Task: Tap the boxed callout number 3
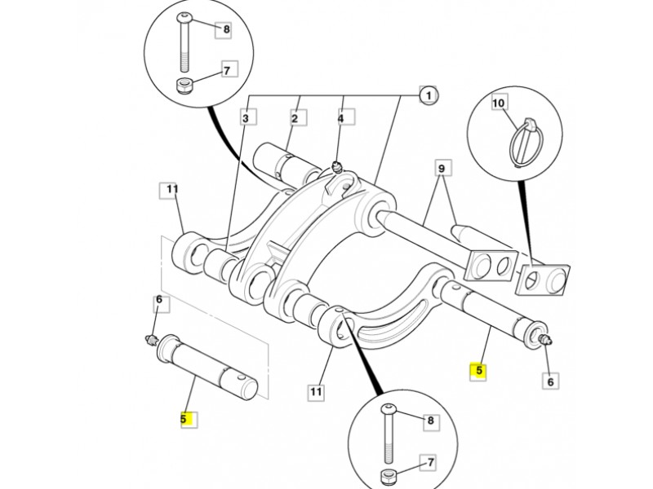[x=244, y=118]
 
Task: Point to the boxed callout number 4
[x=341, y=118]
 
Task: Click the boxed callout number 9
[x=442, y=169]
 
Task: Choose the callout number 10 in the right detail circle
[x=499, y=104]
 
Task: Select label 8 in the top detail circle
[x=226, y=30]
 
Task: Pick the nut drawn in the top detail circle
[x=184, y=87]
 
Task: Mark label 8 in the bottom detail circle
[x=430, y=421]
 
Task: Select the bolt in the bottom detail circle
[x=388, y=431]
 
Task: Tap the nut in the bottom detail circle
[x=388, y=478]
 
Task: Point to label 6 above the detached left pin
[x=160, y=302]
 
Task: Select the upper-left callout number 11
[x=171, y=190]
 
